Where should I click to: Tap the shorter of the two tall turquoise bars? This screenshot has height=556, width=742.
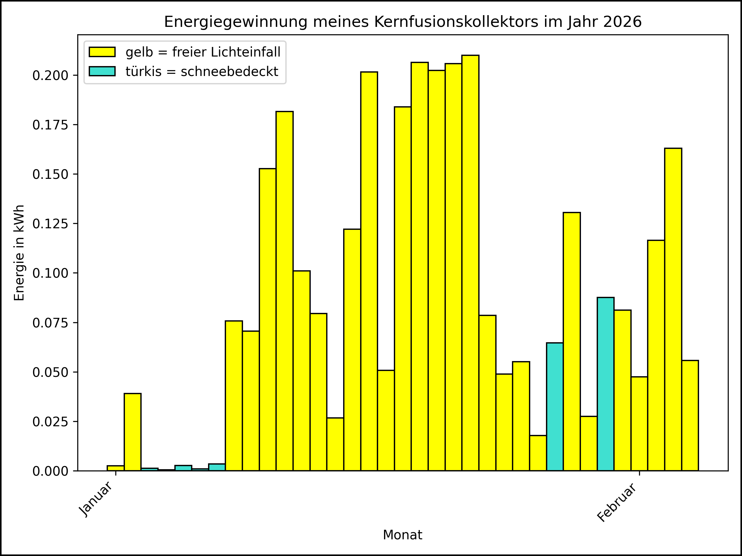point(555,407)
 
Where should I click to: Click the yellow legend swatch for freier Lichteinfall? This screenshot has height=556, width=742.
point(102,52)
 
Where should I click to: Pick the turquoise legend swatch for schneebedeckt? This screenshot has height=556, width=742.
point(102,71)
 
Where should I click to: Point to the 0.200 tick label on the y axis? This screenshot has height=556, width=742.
point(50,76)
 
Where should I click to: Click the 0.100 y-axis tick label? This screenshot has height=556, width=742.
point(50,273)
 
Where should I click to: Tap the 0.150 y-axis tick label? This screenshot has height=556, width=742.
point(50,175)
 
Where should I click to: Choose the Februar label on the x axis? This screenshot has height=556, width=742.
point(616,502)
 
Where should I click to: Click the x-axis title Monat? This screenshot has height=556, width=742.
point(402,535)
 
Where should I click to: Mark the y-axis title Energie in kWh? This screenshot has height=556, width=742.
point(19,253)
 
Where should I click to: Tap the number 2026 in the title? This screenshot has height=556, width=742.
point(622,22)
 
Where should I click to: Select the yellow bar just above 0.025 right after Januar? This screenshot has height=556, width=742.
point(133,432)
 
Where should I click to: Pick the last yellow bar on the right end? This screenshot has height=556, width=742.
point(690,415)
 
